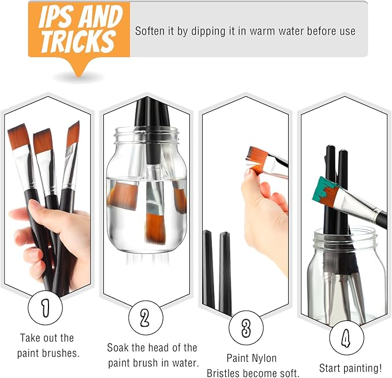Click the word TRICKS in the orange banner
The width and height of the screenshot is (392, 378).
point(78,41)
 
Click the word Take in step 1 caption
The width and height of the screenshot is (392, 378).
point(30,338)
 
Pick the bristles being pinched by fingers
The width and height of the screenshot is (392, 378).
point(256,160)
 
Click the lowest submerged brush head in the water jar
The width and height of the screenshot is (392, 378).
point(155,228)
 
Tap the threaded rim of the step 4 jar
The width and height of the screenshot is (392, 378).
point(345,236)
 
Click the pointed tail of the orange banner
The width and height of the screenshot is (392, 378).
point(79,74)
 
